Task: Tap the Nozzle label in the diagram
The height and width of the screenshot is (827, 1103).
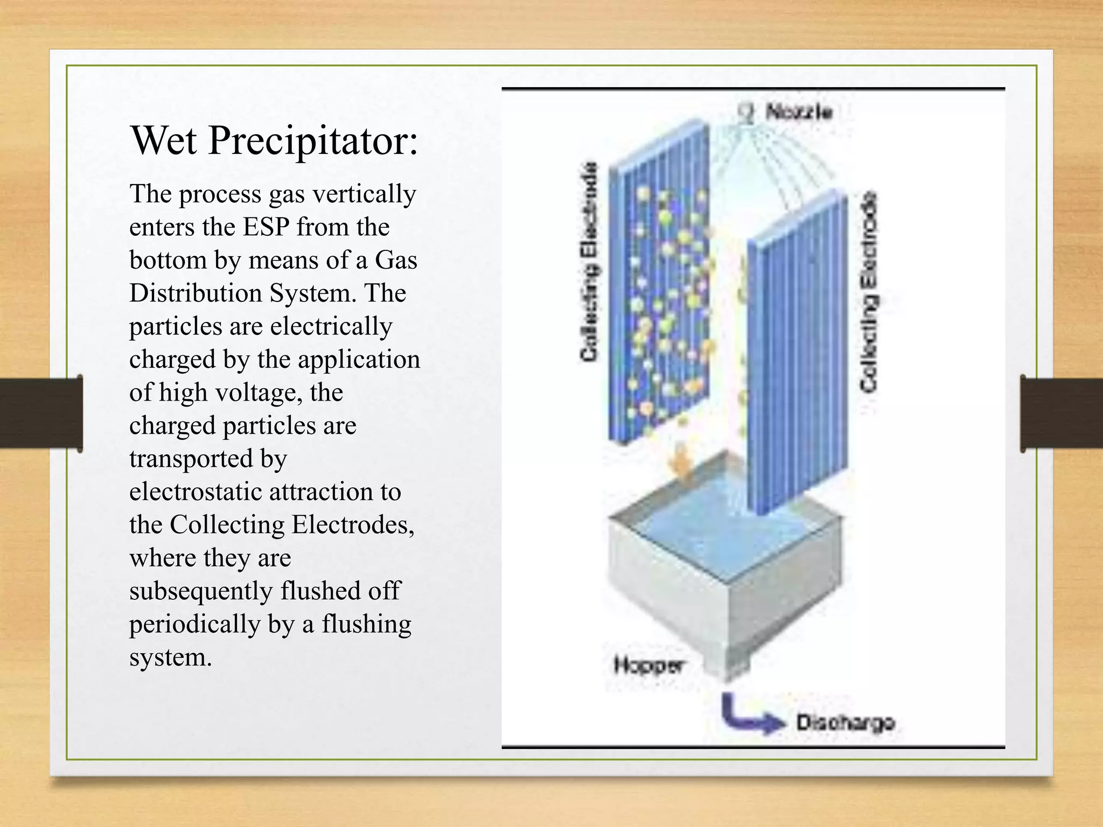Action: pos(799,113)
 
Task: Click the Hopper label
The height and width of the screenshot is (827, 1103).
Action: pos(648,665)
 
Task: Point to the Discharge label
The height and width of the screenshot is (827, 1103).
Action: pos(846,723)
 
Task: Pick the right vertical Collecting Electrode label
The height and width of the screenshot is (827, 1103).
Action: pos(869,292)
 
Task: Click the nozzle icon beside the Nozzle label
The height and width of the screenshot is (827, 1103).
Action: pos(747,114)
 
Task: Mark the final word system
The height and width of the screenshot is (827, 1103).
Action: pos(170,657)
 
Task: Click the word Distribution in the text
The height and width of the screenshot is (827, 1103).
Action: pos(196,293)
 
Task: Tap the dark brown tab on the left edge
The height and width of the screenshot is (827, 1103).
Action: pos(41,413)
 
